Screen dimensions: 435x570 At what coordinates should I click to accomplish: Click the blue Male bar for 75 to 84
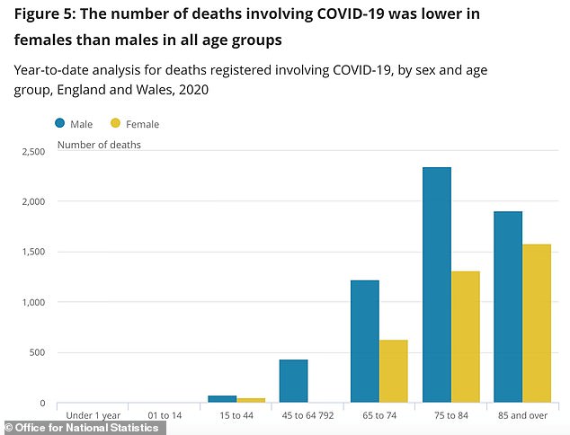pos(436,285)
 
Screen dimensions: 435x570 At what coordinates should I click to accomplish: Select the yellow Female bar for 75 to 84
pos(465,337)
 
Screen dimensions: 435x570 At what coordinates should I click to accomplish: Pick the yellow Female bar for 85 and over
pos(536,324)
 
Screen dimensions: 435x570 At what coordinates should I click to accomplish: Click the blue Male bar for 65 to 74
pos(364,342)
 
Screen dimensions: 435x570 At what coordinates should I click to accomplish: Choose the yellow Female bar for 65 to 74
pos(393,371)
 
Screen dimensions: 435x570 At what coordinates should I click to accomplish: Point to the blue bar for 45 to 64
pos(293,381)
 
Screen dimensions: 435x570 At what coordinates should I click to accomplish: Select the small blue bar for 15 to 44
pos(222,398)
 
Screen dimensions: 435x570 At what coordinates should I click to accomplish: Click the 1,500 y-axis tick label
pos(32,252)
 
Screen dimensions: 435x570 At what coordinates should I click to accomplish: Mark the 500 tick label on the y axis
pos(38,352)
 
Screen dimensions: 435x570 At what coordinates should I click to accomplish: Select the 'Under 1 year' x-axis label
pos(94,416)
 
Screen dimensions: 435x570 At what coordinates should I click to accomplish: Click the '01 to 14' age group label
pos(165,416)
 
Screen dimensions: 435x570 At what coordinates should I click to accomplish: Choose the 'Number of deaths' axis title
pos(99,143)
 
